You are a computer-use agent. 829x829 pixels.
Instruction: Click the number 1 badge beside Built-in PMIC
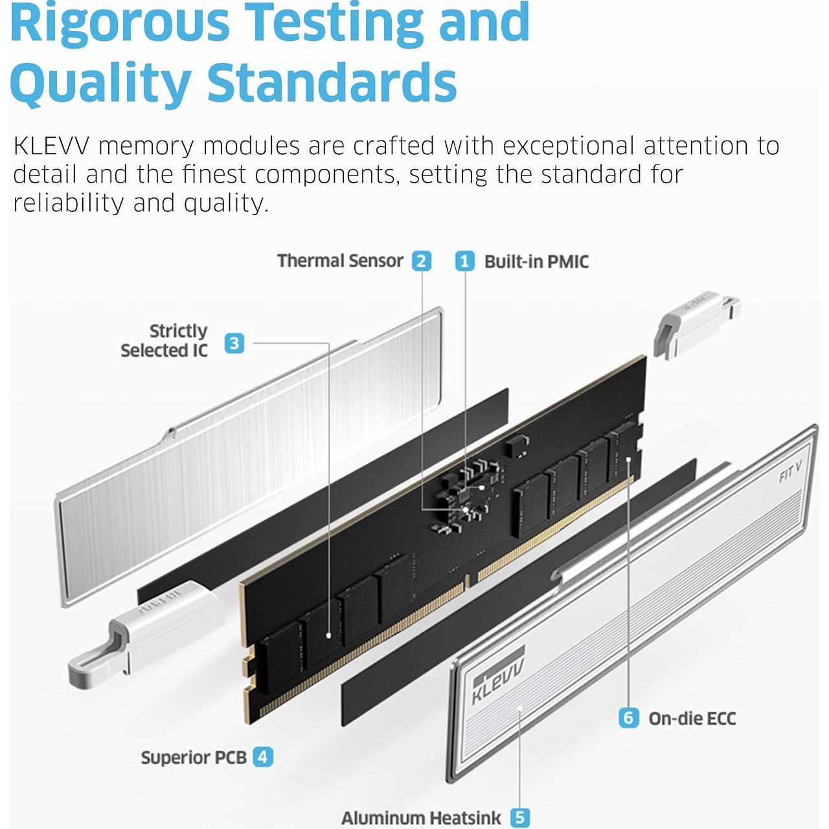pos(464,262)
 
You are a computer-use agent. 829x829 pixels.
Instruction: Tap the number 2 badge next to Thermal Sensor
pos(421,261)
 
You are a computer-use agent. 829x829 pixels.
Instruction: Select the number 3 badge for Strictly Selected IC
pos(234,343)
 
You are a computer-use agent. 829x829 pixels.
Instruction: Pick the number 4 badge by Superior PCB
pos(263,757)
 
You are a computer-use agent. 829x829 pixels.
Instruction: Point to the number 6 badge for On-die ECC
pos(628,718)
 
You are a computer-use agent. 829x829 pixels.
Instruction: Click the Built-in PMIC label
pos(536,262)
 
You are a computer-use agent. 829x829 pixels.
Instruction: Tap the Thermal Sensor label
pos(340,261)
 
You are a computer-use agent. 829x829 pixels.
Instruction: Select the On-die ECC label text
pos(692,718)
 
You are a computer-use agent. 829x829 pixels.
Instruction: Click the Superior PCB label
pos(194,758)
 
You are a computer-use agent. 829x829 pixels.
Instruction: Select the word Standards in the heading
pos(332,82)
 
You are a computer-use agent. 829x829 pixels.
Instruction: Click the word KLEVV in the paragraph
pos(51,146)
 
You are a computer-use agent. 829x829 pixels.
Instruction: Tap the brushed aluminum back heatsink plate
pos(249,456)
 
